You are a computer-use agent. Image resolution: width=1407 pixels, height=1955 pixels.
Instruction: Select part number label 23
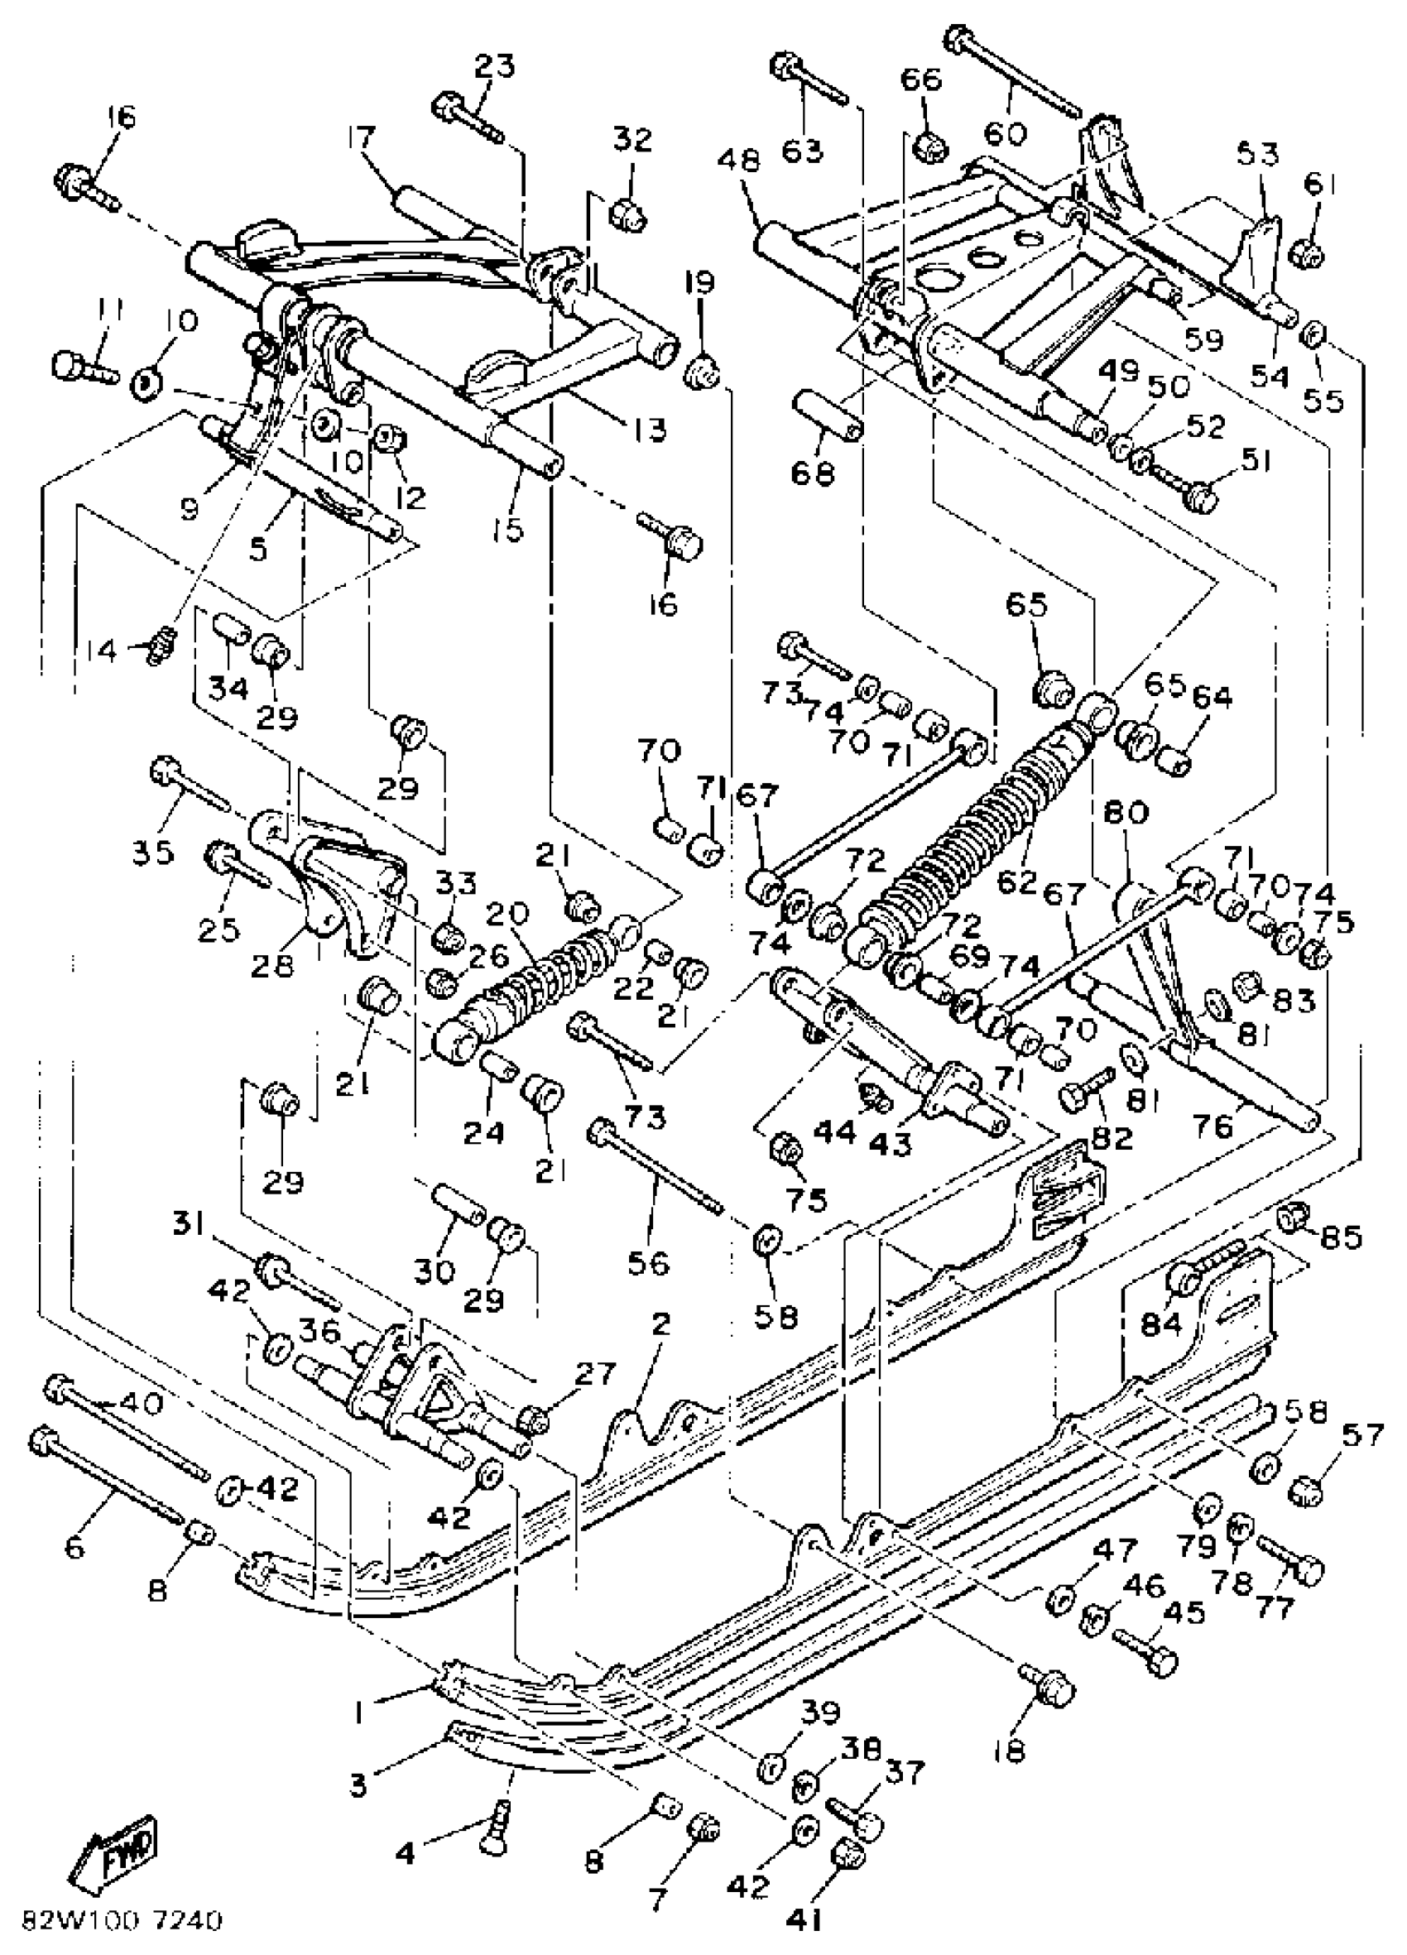tap(494, 67)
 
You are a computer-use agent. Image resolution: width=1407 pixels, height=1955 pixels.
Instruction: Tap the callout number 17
tap(363, 139)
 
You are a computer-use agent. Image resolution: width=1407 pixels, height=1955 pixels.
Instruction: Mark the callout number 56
tap(649, 1264)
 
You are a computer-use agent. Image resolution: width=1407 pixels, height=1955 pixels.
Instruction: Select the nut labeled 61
tap(1309, 254)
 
